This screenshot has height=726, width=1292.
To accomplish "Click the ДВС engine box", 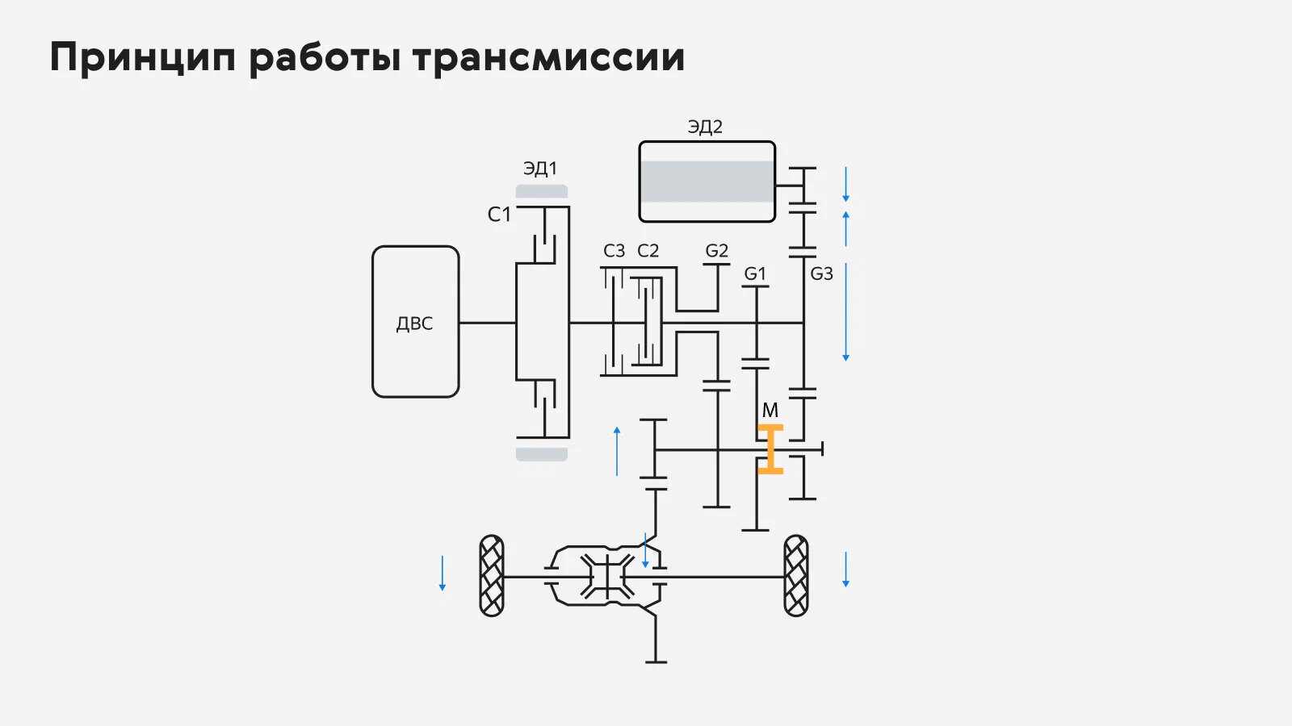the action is pos(415,322).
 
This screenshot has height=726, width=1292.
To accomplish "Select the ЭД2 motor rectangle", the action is pos(707,181).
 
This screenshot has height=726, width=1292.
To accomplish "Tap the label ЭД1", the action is pos(540,169).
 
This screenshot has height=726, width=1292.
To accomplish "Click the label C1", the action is pos(499,215).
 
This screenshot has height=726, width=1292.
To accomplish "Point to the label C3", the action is pos(614,251).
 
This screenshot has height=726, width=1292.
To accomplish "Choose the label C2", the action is pos(648,251).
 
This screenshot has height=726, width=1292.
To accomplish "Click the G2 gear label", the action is pos(716,251).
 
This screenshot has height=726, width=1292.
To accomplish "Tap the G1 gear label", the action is pos(755,273).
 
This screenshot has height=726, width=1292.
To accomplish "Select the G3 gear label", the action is pos(821,273).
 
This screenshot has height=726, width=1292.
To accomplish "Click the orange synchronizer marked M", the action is pos(770,449).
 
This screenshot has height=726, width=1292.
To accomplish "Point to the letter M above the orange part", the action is pos(770,410).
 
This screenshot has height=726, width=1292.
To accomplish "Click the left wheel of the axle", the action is pos(492,576).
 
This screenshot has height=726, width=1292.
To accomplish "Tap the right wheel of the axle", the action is pos(796,576).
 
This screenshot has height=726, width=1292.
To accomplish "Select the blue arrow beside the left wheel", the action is pos(443,573).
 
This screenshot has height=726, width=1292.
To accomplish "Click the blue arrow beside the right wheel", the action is pos(845,570).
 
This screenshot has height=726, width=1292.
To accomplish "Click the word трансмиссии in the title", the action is pos(548,57).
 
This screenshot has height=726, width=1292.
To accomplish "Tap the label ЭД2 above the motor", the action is pos(705,127).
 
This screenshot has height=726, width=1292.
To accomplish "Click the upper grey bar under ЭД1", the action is pos(542,191).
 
